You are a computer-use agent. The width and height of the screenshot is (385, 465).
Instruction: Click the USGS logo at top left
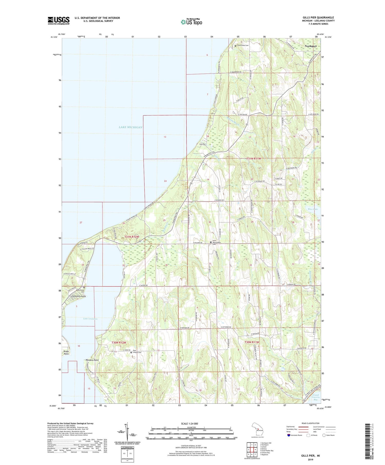[x=59, y=21]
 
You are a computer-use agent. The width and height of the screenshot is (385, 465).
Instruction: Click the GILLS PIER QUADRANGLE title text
[x=318, y=17]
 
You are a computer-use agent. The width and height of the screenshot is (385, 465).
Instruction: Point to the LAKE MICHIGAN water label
[x=130, y=127]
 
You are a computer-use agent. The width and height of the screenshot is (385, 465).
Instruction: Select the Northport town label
[x=310, y=46]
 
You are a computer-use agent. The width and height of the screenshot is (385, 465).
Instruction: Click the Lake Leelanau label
[x=90, y=319]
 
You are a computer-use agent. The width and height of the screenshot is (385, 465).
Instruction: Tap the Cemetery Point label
[x=79, y=296]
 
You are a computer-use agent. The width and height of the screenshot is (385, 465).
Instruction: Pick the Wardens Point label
[x=92, y=360]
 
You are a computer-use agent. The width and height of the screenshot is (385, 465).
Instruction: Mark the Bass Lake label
[x=313, y=209]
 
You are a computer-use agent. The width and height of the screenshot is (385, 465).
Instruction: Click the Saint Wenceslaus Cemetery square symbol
[x=211, y=242]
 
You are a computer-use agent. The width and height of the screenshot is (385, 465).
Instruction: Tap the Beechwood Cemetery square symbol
[x=84, y=288]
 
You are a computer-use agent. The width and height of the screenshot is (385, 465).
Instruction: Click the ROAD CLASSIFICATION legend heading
[x=311, y=423]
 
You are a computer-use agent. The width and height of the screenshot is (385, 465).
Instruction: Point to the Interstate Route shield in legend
[x=289, y=435]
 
